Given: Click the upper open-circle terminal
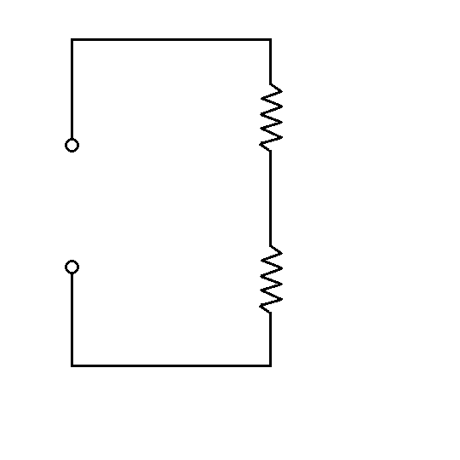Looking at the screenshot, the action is point(72,146).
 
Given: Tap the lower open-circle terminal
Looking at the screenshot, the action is point(72,267).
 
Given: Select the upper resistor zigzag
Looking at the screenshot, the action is point(271,117).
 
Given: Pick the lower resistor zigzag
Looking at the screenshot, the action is point(271,279).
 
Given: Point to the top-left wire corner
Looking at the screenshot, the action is point(72,39).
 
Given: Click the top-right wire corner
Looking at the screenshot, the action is point(271,39).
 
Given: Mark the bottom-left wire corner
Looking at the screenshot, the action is point(72,365).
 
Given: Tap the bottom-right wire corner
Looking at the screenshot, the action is point(271,365).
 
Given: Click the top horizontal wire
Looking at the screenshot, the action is point(170,39).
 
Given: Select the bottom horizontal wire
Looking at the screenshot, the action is point(170,365).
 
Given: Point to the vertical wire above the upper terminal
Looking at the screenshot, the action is point(72,89).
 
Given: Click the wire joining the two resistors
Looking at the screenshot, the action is point(271,198).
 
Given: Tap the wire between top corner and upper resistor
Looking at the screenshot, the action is point(271,61).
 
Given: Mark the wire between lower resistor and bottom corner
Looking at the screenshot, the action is point(271,339).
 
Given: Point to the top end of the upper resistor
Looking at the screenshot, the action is point(271,83).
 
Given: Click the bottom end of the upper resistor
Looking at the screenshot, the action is point(271,151).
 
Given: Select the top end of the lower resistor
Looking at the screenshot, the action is point(271,245).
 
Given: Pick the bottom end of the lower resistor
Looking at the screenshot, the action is point(271,313).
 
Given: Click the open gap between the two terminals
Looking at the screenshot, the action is point(72,206).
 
